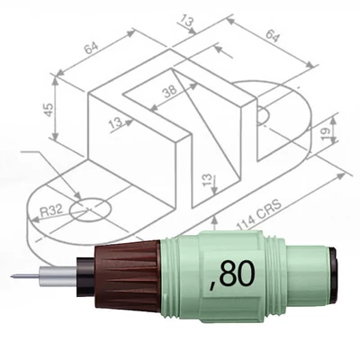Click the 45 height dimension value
(x=49, y=108)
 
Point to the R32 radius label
(x=52, y=211)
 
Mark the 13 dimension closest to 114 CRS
(x=208, y=183)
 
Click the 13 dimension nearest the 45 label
(x=114, y=123)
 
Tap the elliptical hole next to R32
(x=91, y=210)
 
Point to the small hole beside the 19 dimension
(x=262, y=116)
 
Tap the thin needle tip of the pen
(x=20, y=275)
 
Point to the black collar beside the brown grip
(x=85, y=274)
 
